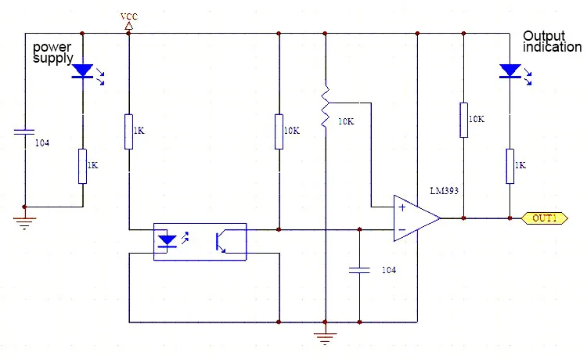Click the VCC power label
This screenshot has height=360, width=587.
[129, 16]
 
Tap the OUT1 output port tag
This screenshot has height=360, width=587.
[544, 218]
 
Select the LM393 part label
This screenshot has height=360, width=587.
[444, 190]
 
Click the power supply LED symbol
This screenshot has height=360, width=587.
[82, 71]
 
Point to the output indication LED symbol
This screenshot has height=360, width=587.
[510, 71]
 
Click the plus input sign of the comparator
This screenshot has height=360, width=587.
[402, 207]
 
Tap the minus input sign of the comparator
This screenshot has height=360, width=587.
[402, 229]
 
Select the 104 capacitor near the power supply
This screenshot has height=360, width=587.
[24, 131]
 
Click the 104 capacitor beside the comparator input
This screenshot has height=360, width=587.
[359, 270]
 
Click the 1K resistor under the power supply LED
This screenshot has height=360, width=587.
[82, 166]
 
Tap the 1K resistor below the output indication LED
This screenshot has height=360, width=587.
[510, 166]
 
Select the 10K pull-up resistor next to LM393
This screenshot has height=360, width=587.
[463, 120]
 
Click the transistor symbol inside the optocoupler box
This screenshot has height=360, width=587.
[221, 242]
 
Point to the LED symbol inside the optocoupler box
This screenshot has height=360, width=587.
[167, 241]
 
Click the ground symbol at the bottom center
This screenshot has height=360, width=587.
[325, 338]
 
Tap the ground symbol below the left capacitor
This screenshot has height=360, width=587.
[24, 223]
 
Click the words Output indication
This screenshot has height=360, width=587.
[553, 41]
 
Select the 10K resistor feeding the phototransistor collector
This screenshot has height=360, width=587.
[279, 131]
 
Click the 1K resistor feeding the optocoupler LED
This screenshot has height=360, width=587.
[129, 131]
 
